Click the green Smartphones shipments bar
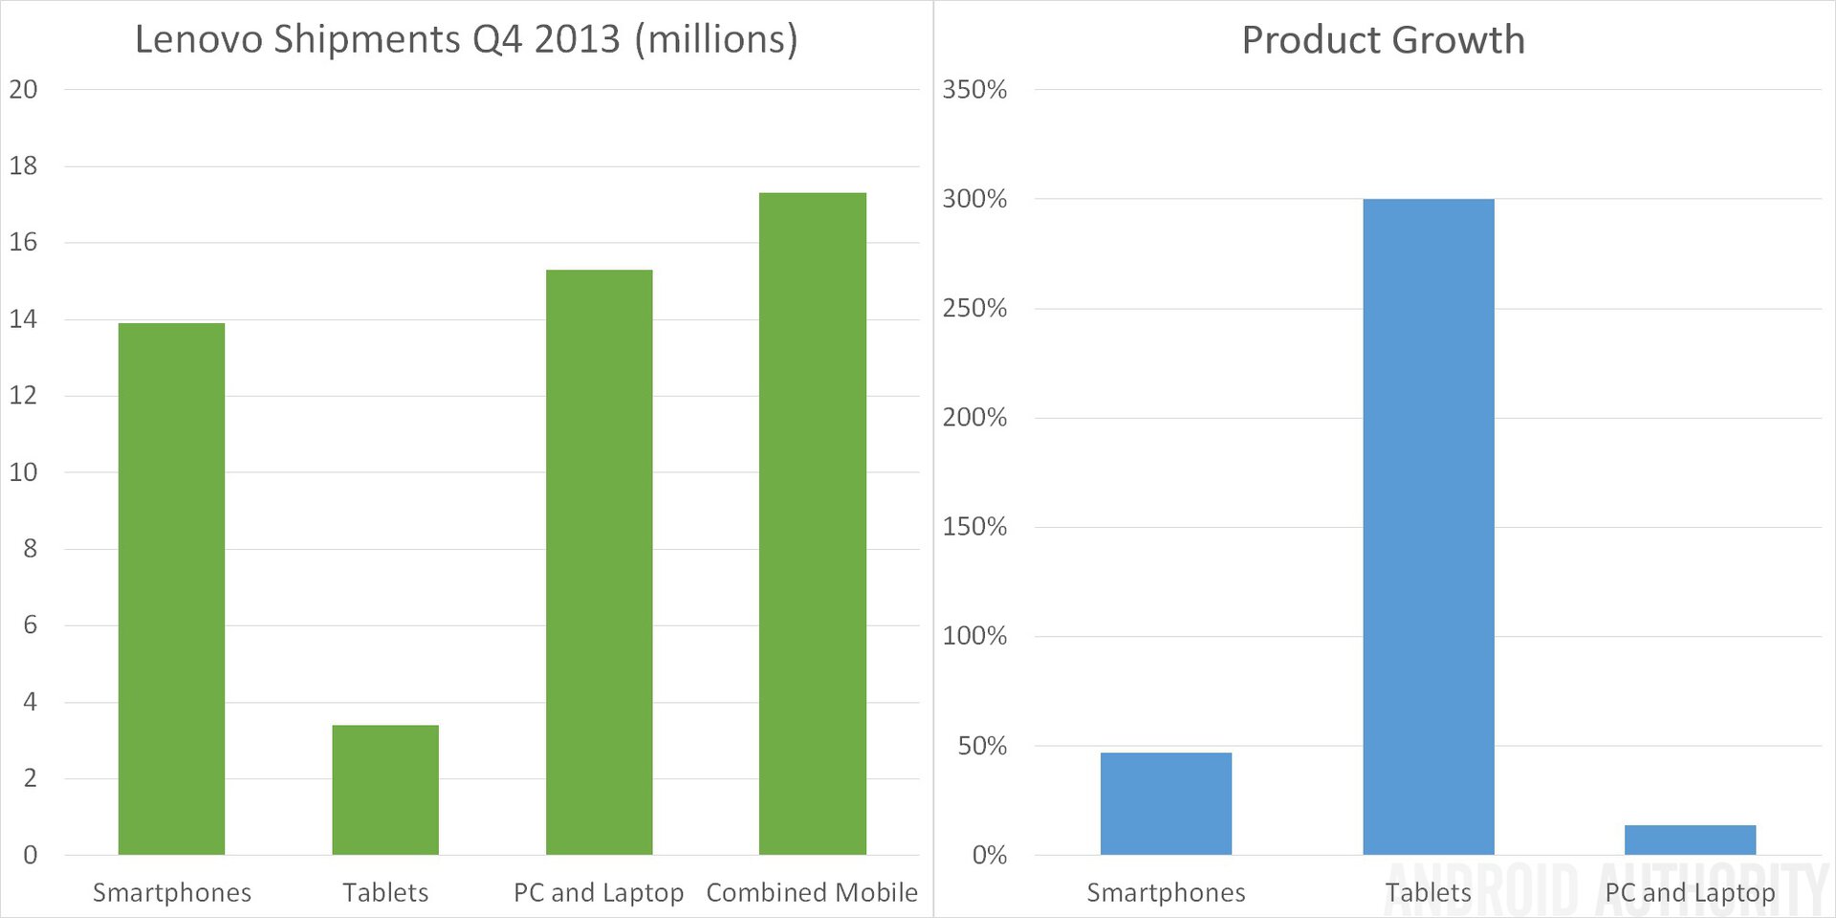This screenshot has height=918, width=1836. (x=171, y=588)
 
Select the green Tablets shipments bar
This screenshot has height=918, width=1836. (x=385, y=789)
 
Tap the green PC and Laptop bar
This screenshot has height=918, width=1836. (x=599, y=562)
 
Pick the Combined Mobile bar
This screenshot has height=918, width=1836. (x=813, y=523)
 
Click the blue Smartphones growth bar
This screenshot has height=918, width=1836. (x=1166, y=803)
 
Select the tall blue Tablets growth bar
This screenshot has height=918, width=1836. (x=1428, y=526)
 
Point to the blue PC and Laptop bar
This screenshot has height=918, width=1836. (x=1690, y=840)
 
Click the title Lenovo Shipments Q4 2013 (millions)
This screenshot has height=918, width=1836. (x=466, y=39)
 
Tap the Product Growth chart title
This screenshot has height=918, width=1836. (x=1383, y=40)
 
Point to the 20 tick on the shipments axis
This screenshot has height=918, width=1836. (x=23, y=90)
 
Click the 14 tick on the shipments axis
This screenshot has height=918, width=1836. (x=23, y=319)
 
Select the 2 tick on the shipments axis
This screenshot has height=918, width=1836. (x=30, y=778)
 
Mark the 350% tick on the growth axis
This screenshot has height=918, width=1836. (x=974, y=90)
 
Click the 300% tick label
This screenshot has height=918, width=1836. (x=974, y=199)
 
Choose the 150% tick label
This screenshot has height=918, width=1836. (x=974, y=527)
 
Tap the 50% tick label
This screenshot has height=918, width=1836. (x=982, y=746)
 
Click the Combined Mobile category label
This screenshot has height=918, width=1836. (x=812, y=892)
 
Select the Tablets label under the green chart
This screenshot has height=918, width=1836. (x=385, y=892)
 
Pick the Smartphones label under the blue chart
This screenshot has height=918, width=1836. (x=1166, y=892)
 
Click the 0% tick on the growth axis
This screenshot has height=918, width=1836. (x=990, y=855)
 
